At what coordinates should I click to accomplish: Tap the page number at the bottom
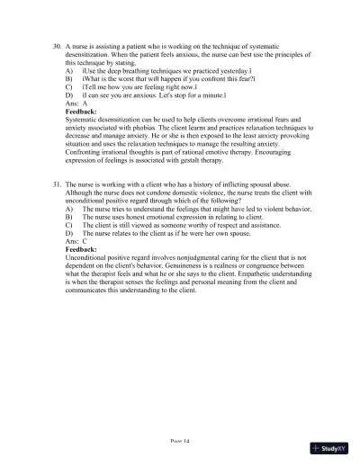[180, 443]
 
